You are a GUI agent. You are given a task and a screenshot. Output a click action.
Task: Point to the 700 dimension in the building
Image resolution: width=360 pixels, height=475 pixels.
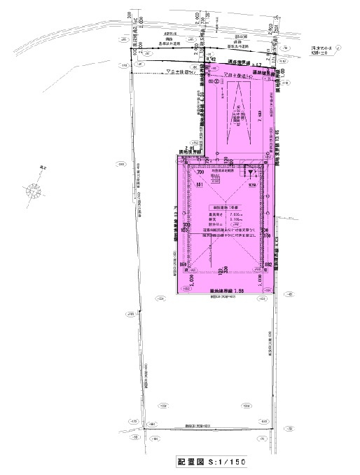(x=200, y=172)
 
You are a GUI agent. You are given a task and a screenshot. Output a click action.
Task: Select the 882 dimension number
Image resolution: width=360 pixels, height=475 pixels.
(x=267, y=264)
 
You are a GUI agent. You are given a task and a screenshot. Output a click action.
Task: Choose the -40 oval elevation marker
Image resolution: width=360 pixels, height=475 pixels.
(x=289, y=294)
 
